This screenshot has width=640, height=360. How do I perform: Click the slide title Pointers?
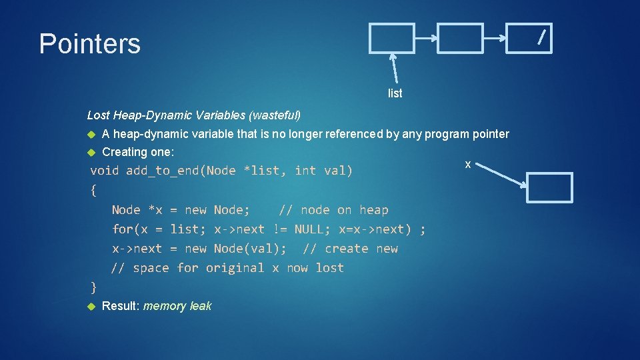89,45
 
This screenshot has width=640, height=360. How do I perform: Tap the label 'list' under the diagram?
395,93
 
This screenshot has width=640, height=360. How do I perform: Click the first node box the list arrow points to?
392,38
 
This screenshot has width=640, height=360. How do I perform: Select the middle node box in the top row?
461,38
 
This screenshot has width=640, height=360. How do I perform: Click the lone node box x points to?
549,187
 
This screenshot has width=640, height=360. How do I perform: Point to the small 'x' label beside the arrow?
468,164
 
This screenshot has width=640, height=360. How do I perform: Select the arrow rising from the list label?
395,69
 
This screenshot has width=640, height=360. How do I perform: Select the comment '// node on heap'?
333,210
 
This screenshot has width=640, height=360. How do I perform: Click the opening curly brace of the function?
93,190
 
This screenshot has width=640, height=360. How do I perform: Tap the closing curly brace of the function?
93,287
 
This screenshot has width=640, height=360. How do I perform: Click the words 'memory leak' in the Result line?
177,306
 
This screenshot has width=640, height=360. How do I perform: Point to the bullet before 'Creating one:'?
93,153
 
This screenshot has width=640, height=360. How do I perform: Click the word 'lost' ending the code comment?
330,268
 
